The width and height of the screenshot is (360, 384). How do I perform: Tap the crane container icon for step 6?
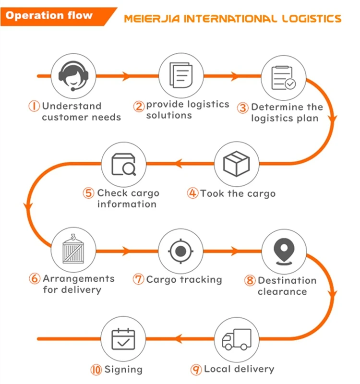pyautogui.click(x=72, y=250)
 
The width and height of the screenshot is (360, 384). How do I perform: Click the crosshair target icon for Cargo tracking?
pyautogui.click(x=180, y=250)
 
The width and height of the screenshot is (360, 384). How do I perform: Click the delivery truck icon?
pyautogui.click(x=237, y=339)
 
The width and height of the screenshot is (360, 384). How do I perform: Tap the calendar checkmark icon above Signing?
pyautogui.click(x=123, y=339)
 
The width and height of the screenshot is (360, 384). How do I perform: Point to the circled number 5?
pyautogui.click(x=89, y=193)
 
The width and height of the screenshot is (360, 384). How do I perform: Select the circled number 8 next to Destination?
pyautogui.click(x=250, y=281)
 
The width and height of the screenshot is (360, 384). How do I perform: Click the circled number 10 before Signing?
pyautogui.click(x=96, y=370)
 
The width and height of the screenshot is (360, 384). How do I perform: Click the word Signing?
pyautogui.click(x=123, y=370)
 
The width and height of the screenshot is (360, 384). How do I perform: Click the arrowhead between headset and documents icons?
pyautogui.click(x=127, y=76)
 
